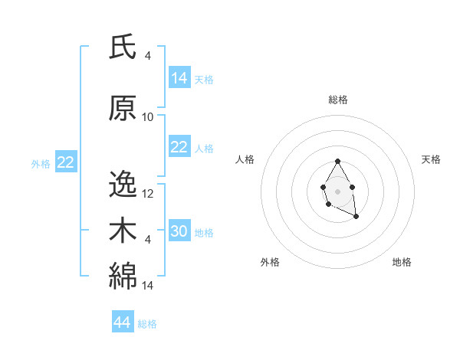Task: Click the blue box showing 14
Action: [179, 78]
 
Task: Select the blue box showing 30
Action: [179, 231]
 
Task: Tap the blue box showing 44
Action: [123, 322]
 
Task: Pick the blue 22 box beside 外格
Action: [65, 162]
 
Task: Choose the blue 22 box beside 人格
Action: [179, 147]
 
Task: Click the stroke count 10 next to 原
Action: [148, 117]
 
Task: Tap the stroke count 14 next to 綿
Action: [148, 286]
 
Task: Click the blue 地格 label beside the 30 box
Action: [204, 232]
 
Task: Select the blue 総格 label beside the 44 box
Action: [147, 324]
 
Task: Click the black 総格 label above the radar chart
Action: [337, 100]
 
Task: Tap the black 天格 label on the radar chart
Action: [431, 159]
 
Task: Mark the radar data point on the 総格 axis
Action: [337, 161]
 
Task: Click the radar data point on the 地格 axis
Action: [356, 217]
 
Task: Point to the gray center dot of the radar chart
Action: [337, 190]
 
